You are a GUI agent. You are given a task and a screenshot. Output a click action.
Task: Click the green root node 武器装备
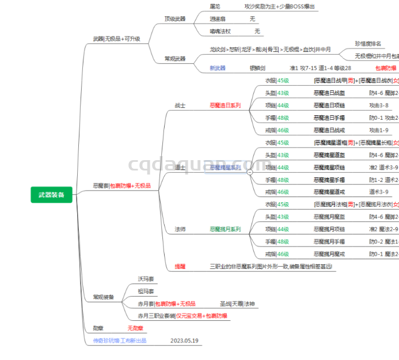pyautogui.click(x=52, y=195)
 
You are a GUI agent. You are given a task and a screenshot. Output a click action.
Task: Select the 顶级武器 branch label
pyautogui.click(x=175, y=18)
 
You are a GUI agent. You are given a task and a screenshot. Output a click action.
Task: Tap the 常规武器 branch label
pyautogui.click(x=175, y=58)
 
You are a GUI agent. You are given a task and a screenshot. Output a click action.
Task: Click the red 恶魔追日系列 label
pyautogui.click(x=225, y=105)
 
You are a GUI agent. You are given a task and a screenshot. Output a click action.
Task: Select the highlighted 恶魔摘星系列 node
pyautogui.click(x=225, y=167)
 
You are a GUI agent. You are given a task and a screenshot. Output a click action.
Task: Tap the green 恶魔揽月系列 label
pyautogui.click(x=225, y=229)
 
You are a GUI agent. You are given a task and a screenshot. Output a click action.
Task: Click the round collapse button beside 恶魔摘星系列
pyautogui.click(x=249, y=172)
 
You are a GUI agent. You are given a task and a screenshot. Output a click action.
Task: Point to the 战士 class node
pyautogui.click(x=180, y=105)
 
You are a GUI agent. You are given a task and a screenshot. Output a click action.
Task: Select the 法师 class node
pyautogui.click(x=180, y=229)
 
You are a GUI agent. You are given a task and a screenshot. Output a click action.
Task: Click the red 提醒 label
pyautogui.click(x=180, y=266)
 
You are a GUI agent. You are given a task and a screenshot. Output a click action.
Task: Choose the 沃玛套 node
pyautogui.click(x=146, y=279)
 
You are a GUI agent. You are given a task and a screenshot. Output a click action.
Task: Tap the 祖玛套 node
pyautogui.click(x=146, y=291)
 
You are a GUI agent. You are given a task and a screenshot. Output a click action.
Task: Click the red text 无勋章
pyautogui.click(x=135, y=328)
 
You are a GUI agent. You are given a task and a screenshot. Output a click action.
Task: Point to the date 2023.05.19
pyautogui.click(x=184, y=340)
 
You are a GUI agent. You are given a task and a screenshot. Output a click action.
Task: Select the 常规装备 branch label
pyautogui.click(x=104, y=297)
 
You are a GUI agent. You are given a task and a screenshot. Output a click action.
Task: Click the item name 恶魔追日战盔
pyautogui.click(x=329, y=93)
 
